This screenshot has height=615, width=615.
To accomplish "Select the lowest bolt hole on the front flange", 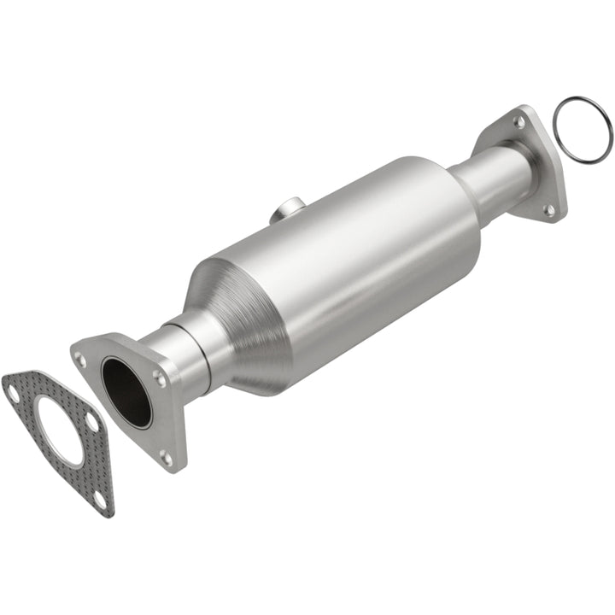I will (165, 458).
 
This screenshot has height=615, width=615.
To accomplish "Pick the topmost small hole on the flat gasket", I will (12, 393).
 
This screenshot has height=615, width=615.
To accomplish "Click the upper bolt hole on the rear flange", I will (518, 123).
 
